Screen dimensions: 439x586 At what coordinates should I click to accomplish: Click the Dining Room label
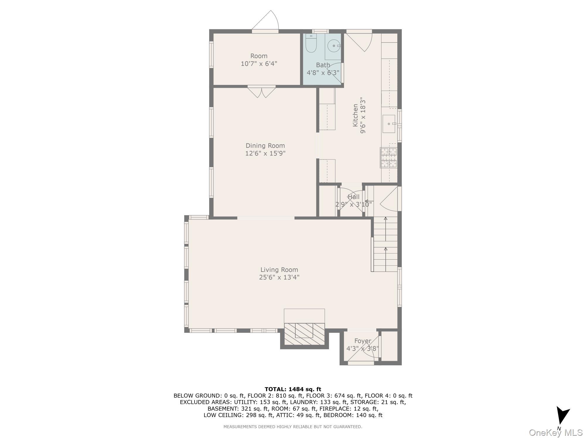[265, 145]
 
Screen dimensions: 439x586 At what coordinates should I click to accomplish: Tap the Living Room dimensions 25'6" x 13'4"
[279, 277]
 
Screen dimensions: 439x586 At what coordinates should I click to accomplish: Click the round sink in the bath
[334, 46]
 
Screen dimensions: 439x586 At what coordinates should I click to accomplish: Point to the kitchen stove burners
[389, 157]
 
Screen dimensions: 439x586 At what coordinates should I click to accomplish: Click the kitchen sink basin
[389, 124]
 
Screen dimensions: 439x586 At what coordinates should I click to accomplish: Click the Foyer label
[363, 341]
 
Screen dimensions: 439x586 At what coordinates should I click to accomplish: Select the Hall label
[353, 197]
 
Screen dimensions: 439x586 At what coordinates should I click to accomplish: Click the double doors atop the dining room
[262, 92]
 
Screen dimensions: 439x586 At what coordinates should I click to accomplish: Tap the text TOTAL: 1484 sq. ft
[293, 389]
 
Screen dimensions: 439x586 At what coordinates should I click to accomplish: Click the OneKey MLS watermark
[556, 432]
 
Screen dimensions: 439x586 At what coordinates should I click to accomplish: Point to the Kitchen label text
[355, 115]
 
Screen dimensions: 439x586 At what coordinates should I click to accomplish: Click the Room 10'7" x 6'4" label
[259, 60]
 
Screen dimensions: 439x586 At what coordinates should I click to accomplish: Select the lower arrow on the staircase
[386, 249]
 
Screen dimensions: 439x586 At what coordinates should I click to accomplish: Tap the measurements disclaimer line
[293, 427]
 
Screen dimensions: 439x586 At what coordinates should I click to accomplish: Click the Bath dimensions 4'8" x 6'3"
[323, 73]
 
